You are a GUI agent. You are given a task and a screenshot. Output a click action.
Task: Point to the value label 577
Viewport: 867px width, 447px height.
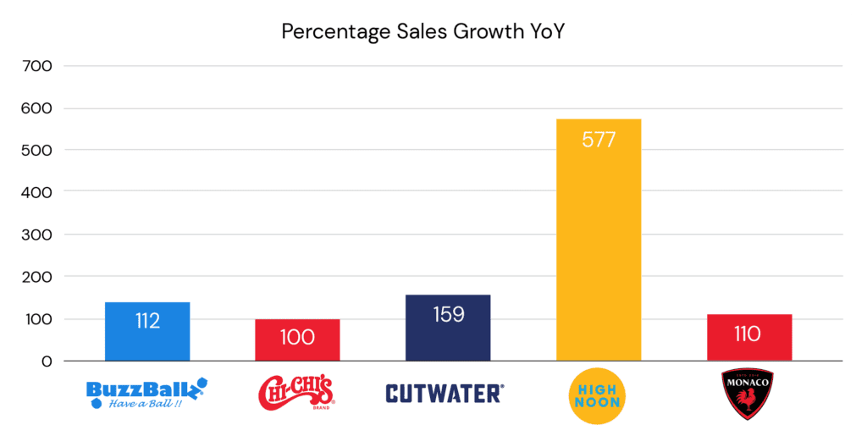(599, 140)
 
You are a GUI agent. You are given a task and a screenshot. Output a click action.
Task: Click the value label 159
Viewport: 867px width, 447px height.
(448, 315)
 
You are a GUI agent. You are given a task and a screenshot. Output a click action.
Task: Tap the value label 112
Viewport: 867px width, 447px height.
(147, 321)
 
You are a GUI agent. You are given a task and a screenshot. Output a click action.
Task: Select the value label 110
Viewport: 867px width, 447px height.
(748, 334)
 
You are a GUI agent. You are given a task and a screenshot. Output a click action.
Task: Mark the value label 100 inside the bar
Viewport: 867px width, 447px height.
(297, 337)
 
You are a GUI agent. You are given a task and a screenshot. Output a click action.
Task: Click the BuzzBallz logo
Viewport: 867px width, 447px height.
(146, 393)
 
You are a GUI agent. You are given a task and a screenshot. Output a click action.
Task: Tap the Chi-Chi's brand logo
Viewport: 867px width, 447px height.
(296, 392)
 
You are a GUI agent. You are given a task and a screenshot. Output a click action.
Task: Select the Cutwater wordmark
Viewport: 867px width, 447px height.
(445, 393)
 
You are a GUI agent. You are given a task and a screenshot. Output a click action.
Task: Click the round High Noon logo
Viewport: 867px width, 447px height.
(598, 393)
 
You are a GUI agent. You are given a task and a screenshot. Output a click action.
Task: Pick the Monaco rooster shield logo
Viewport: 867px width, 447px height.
(748, 393)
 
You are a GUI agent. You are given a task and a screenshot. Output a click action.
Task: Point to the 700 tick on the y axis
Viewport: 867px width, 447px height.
(40, 66)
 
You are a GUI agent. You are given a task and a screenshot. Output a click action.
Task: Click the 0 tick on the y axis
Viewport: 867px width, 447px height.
(47, 361)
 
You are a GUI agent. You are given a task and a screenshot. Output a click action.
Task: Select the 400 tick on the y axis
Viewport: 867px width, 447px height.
(40, 192)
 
